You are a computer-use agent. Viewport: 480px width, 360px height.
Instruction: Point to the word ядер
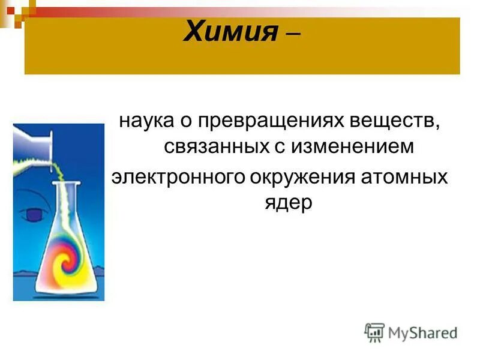(x=289, y=203)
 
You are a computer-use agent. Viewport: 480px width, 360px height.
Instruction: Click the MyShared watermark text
(x=422, y=332)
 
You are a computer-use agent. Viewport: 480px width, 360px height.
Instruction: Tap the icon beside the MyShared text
(x=374, y=332)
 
